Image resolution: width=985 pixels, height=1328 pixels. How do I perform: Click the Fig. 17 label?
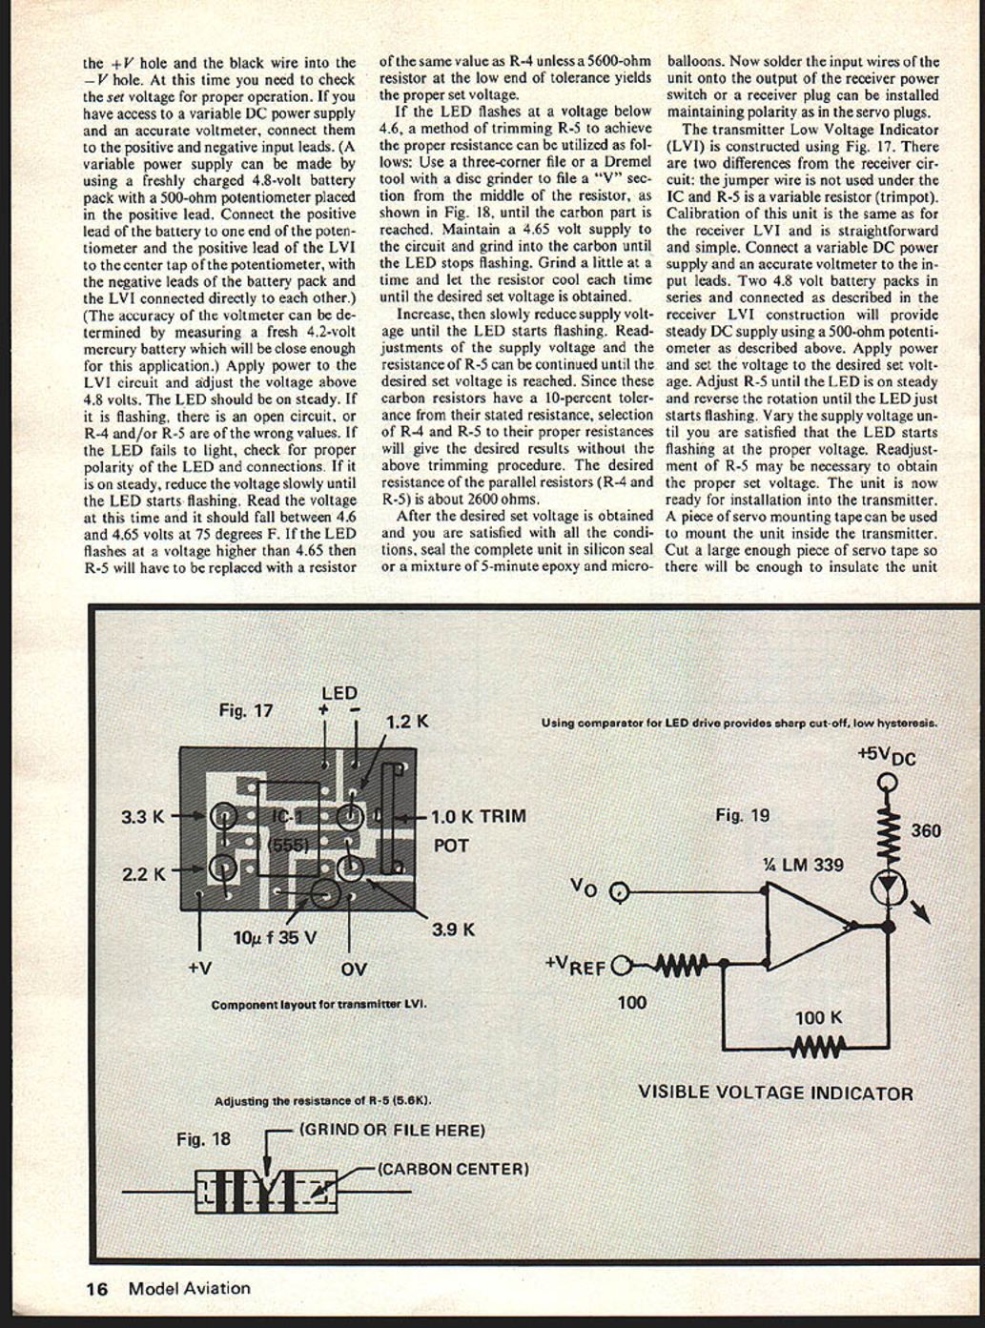(x=246, y=710)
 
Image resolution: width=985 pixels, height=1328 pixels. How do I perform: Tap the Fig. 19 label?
(x=742, y=815)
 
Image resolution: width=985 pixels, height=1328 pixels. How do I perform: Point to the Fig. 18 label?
(x=204, y=1138)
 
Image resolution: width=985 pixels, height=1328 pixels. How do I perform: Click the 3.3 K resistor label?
(x=143, y=816)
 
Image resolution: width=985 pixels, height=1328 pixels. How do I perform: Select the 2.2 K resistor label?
(x=143, y=873)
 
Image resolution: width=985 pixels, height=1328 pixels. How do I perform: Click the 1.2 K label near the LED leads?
(x=407, y=722)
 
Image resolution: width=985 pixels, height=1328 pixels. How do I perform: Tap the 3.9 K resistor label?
(x=453, y=929)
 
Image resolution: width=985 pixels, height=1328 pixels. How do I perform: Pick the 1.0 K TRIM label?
(x=478, y=817)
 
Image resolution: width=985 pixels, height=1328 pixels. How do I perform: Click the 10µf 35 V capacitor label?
(x=275, y=938)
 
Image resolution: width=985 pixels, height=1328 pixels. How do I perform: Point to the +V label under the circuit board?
(x=199, y=968)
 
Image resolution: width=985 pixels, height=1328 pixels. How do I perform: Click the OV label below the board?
(x=354, y=970)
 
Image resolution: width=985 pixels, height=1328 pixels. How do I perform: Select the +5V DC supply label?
(x=886, y=755)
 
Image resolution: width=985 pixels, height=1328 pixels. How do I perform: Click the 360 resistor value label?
(x=925, y=830)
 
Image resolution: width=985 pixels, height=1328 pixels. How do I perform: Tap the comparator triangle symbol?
(x=807, y=923)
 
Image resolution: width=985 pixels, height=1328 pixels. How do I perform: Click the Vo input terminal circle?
(x=620, y=893)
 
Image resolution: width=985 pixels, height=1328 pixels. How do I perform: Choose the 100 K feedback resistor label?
(x=818, y=1017)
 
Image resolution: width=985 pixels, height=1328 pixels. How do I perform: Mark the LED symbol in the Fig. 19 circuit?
(x=889, y=887)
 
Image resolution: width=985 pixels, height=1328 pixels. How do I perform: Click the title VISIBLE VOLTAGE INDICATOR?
(x=775, y=1093)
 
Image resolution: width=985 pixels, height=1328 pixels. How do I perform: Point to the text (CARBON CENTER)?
(x=453, y=1169)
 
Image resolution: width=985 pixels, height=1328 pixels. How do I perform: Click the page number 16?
(x=96, y=1289)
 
